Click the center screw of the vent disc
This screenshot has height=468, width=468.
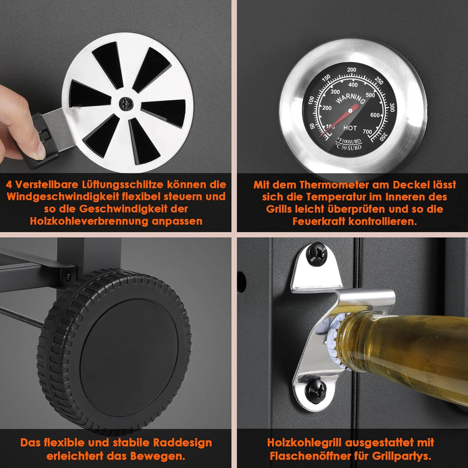[125, 104]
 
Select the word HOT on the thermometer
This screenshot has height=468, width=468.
[350, 128]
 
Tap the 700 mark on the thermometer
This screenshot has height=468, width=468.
[367, 132]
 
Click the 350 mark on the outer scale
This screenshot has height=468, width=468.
[384, 136]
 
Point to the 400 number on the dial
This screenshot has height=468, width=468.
[353, 85]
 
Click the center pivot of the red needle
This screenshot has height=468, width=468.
[350, 111]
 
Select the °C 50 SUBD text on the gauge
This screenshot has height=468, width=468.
[349, 147]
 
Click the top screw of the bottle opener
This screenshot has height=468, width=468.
[317, 254]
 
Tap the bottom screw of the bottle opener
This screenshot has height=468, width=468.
[315, 391]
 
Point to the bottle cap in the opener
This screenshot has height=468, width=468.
[331, 340]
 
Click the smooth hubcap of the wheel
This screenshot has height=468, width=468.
[129, 358]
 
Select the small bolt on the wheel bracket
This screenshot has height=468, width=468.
[68, 276]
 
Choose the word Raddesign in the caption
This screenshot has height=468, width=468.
[183, 442]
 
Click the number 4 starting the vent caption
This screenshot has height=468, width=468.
[9, 184]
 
